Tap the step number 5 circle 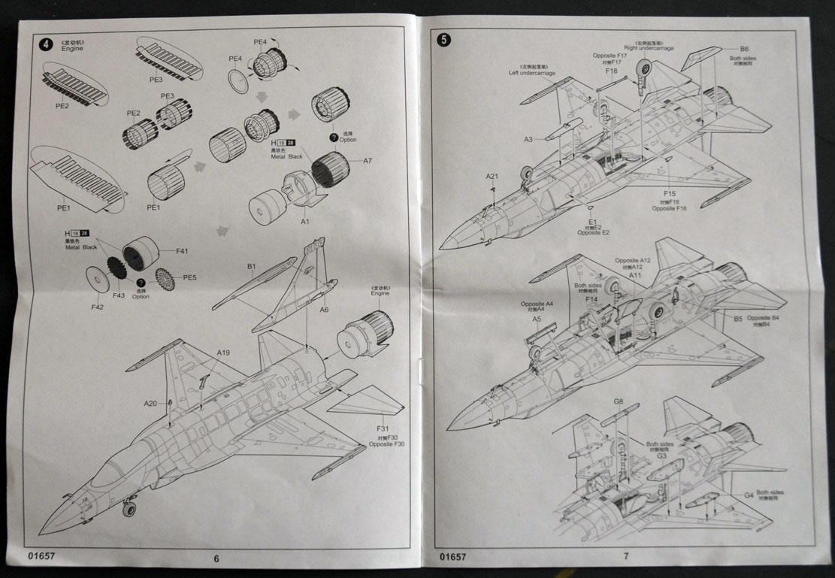(x=444, y=40)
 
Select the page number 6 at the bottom (x=216, y=558)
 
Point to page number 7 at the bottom (x=625, y=557)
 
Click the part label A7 (x=368, y=161)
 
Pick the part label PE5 (x=190, y=277)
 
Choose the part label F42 (x=98, y=307)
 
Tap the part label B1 (x=252, y=266)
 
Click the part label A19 (x=223, y=353)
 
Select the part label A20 (x=151, y=404)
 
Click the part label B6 (x=743, y=48)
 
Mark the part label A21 (x=492, y=177)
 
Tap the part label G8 (x=618, y=402)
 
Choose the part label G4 (x=749, y=495)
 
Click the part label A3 (x=528, y=139)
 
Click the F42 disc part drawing (x=96, y=280)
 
